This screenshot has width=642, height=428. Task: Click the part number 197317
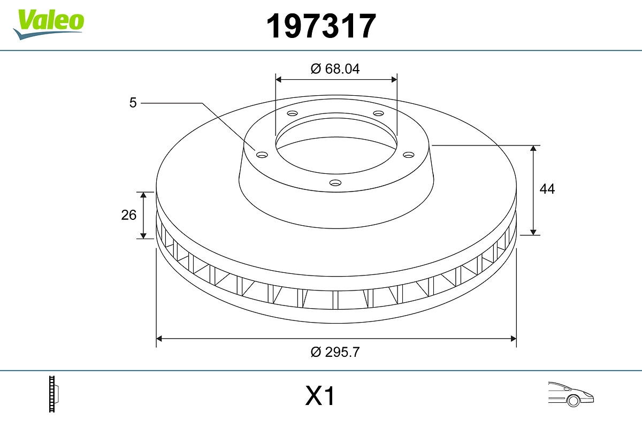tap(322, 26)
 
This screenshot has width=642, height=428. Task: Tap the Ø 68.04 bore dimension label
tap(335, 69)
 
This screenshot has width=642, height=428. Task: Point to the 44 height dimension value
tap(547, 189)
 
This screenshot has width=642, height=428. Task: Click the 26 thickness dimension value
tap(129, 215)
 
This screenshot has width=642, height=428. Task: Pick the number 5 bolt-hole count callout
tap(133, 102)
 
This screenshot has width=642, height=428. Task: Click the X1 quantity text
tap(320, 397)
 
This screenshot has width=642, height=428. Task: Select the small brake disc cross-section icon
tap(53, 394)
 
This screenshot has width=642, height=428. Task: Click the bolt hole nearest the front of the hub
tap(335, 183)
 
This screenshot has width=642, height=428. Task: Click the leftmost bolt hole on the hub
tap(262, 155)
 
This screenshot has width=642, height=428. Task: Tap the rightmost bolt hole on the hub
tap(409, 155)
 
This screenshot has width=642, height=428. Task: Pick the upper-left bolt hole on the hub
tap(292, 113)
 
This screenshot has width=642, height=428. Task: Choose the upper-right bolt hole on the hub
tap(379, 113)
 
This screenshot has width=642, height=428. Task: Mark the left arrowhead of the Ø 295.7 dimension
tap(159, 339)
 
